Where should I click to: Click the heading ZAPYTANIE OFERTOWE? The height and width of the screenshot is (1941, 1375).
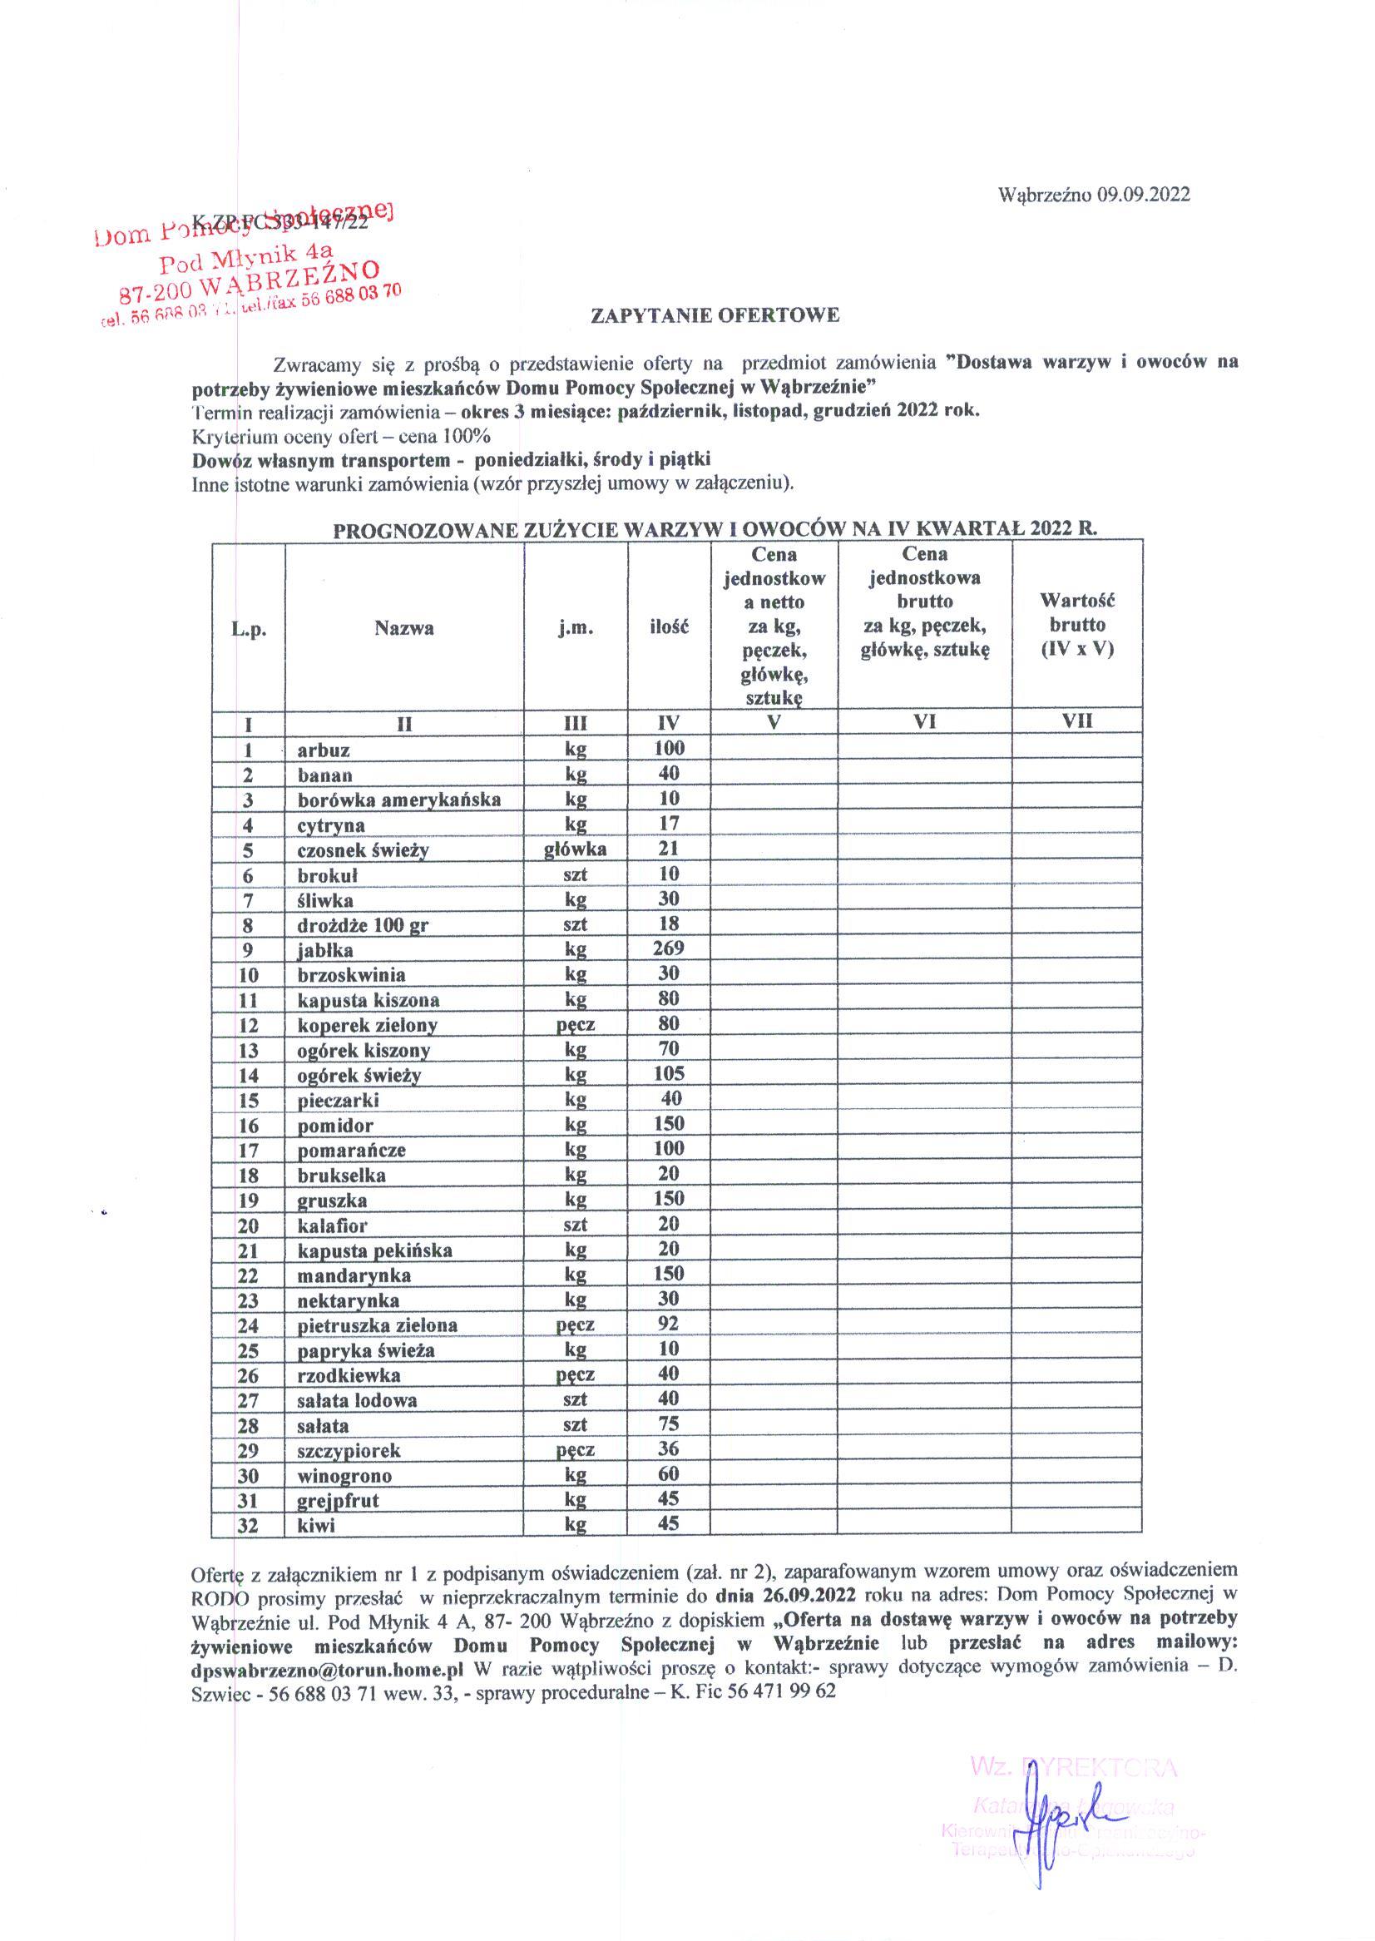click(x=715, y=316)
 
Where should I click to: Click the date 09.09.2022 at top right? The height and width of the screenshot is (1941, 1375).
click(x=1143, y=195)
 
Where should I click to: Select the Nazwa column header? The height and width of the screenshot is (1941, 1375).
click(x=405, y=627)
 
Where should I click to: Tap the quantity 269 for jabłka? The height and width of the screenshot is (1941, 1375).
click(x=668, y=948)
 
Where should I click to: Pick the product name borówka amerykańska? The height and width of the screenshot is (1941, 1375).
click(x=398, y=800)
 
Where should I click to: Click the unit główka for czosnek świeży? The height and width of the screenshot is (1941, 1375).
click(x=575, y=849)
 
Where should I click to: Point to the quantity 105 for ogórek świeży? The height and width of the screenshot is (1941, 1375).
click(x=668, y=1073)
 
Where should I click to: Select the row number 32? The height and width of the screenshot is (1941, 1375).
click(x=248, y=1525)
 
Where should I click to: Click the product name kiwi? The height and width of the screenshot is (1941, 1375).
click(x=316, y=1525)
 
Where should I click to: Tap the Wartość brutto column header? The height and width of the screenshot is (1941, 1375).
click(x=1077, y=624)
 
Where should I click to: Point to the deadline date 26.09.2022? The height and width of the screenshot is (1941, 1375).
click(x=810, y=1592)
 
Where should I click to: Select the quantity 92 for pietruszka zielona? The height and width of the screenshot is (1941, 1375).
click(x=668, y=1324)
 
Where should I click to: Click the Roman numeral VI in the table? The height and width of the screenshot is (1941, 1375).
click(x=925, y=721)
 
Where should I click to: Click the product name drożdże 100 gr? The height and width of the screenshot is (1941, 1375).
click(x=363, y=925)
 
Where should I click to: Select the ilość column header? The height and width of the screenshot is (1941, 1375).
click(x=669, y=627)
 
